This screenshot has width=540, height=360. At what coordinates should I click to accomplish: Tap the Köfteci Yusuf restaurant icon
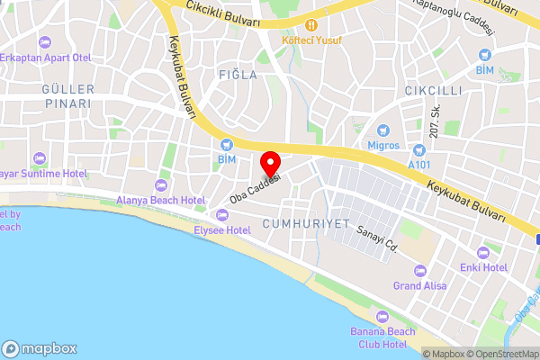(x=310, y=24)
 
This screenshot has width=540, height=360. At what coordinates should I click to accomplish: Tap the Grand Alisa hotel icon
(x=418, y=270)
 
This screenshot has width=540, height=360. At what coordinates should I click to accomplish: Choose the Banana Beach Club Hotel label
(x=382, y=338)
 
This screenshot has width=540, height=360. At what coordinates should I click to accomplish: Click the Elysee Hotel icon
(x=222, y=214)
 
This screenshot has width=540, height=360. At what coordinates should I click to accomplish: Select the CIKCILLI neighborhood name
(x=433, y=91)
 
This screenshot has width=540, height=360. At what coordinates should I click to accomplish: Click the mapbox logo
(x=40, y=348)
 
